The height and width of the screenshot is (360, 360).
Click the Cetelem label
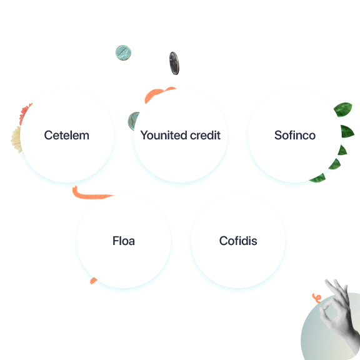[x=67, y=135]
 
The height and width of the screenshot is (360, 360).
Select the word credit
[x=205, y=135]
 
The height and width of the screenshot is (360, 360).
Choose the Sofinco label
[x=295, y=135]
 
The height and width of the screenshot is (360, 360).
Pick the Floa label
[x=124, y=241]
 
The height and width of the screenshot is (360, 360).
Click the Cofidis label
[x=238, y=241]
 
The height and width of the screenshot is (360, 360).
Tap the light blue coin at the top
[x=123, y=52]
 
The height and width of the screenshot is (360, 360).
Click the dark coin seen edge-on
[x=174, y=63]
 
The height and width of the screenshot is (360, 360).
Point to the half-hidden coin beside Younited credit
[x=133, y=121]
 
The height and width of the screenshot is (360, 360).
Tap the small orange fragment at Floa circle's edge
[x=93, y=281]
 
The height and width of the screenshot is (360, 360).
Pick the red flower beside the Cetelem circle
[x=24, y=114]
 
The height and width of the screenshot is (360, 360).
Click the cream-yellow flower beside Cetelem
[x=16, y=139]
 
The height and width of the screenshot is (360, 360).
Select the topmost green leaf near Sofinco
[x=343, y=109]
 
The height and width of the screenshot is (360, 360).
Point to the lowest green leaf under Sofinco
[x=318, y=178]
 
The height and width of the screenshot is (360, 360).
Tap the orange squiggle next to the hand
[x=317, y=298]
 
